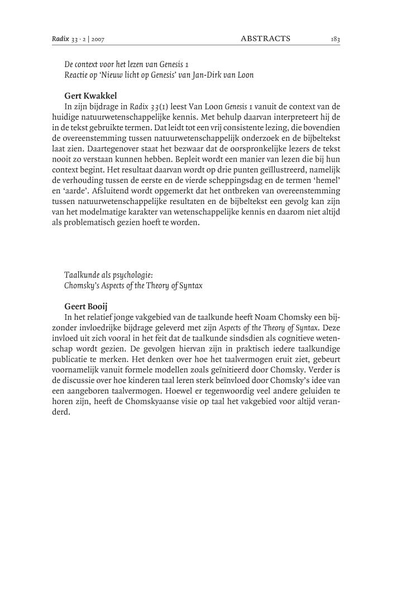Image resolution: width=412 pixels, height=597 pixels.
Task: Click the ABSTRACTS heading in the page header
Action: click(x=265, y=39)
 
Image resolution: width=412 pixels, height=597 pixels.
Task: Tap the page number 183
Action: click(x=336, y=39)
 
